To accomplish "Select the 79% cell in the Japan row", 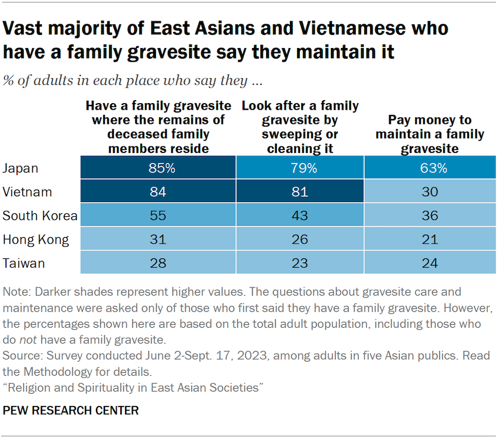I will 300,168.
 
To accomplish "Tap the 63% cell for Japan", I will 430,168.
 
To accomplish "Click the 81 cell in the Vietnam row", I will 300,191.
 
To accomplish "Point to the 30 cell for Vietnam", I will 430,191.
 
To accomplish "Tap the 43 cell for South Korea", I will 300,215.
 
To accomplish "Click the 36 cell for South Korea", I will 430,215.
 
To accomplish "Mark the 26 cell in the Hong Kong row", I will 300,239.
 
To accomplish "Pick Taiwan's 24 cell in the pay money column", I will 430,263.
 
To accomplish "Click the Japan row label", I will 21,168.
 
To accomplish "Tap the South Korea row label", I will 40,215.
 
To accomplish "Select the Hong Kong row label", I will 36,239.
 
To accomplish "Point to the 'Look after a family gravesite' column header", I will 300,126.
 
